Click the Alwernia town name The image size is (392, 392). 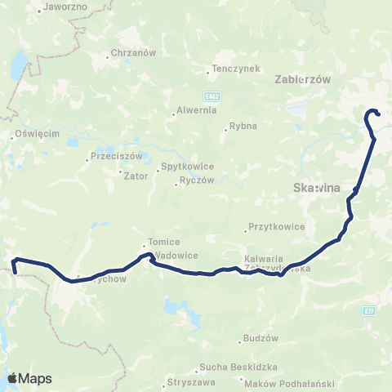[x=193, y=111]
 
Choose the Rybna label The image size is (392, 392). [x=243, y=126]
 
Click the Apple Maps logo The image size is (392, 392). [x=29, y=378]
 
